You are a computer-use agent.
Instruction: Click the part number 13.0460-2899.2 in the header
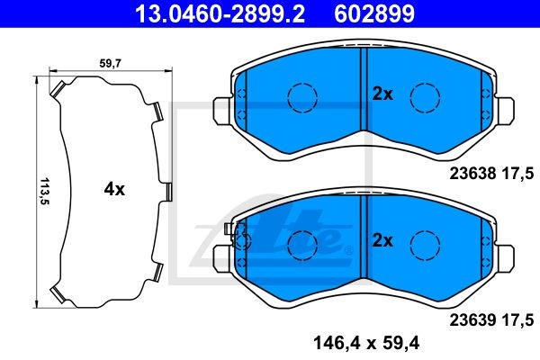220,13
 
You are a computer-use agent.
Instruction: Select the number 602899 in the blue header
374,13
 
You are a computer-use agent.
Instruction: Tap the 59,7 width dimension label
110,63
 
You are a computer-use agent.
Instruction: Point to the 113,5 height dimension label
45,191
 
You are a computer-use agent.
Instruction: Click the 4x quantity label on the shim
114,189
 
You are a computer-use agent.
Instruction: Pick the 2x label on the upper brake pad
382,94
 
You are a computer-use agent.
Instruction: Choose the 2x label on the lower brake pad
382,241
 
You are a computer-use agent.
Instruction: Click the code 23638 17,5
491,173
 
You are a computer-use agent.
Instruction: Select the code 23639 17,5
491,320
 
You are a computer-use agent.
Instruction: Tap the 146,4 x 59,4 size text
366,344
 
